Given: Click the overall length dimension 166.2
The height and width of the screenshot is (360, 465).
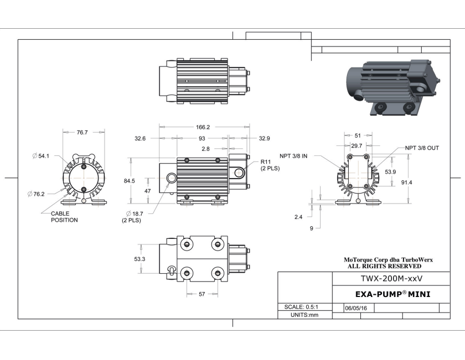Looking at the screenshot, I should click(203, 127).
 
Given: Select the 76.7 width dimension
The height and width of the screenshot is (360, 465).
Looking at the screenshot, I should click(82, 132).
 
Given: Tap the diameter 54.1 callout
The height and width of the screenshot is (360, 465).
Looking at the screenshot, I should click(42, 156).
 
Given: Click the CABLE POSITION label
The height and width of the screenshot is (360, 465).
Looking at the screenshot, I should click(64, 217).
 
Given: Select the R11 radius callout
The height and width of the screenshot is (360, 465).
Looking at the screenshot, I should click(270, 165).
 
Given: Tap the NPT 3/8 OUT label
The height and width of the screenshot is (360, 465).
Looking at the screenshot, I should click(422, 148).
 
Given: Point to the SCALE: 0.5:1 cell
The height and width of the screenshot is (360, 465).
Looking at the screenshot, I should click(304, 307).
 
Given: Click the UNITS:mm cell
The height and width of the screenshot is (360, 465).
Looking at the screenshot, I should click(304, 315).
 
